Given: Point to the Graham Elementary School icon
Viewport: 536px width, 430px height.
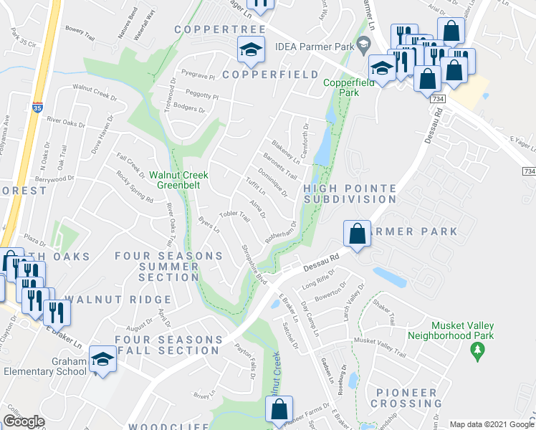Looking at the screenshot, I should (103, 361).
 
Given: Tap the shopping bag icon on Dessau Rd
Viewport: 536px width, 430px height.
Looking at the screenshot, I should (357, 233).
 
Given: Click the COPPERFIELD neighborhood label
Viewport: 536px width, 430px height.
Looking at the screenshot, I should (270, 75).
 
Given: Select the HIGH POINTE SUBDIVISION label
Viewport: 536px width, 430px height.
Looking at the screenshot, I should (350, 193).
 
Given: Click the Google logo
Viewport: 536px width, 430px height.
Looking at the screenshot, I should (24, 421).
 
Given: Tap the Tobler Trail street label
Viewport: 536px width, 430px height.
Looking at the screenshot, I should (234, 215).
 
